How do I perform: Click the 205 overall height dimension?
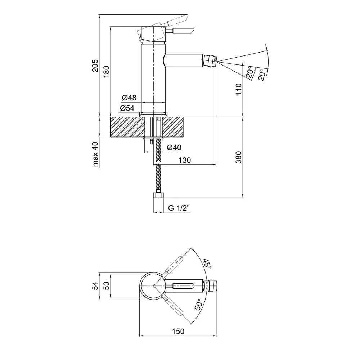click(95, 66)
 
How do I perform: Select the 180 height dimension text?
click(106, 71)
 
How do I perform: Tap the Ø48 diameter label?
click(129, 98)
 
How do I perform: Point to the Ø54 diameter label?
click(127, 108)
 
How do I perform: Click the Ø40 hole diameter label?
click(174, 147)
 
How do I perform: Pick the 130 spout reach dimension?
click(185, 160)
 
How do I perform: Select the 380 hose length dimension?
click(239, 157)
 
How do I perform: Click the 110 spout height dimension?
click(239, 89)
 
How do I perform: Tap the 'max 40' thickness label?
click(95, 154)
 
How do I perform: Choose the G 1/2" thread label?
click(179, 208)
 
